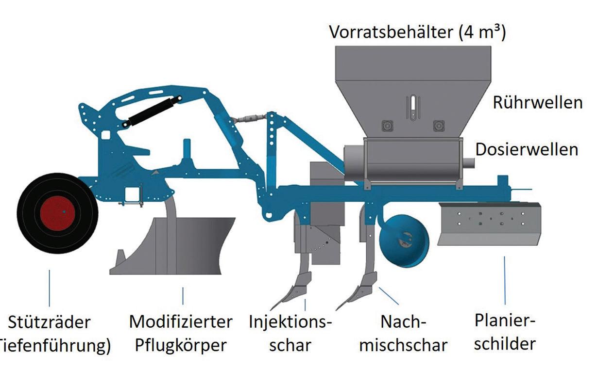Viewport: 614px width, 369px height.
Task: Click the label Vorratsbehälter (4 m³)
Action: (417, 32)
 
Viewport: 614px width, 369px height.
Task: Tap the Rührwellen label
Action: (537, 103)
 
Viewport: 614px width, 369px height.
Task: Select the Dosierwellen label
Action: (527, 149)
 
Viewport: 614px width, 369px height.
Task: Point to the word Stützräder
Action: (50, 322)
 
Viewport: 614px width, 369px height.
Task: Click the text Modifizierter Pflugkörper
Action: (181, 333)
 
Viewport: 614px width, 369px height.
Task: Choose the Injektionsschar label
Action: (290, 333)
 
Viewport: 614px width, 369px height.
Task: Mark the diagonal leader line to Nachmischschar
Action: (389, 296)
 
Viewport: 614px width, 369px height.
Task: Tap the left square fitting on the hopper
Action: (387, 125)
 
